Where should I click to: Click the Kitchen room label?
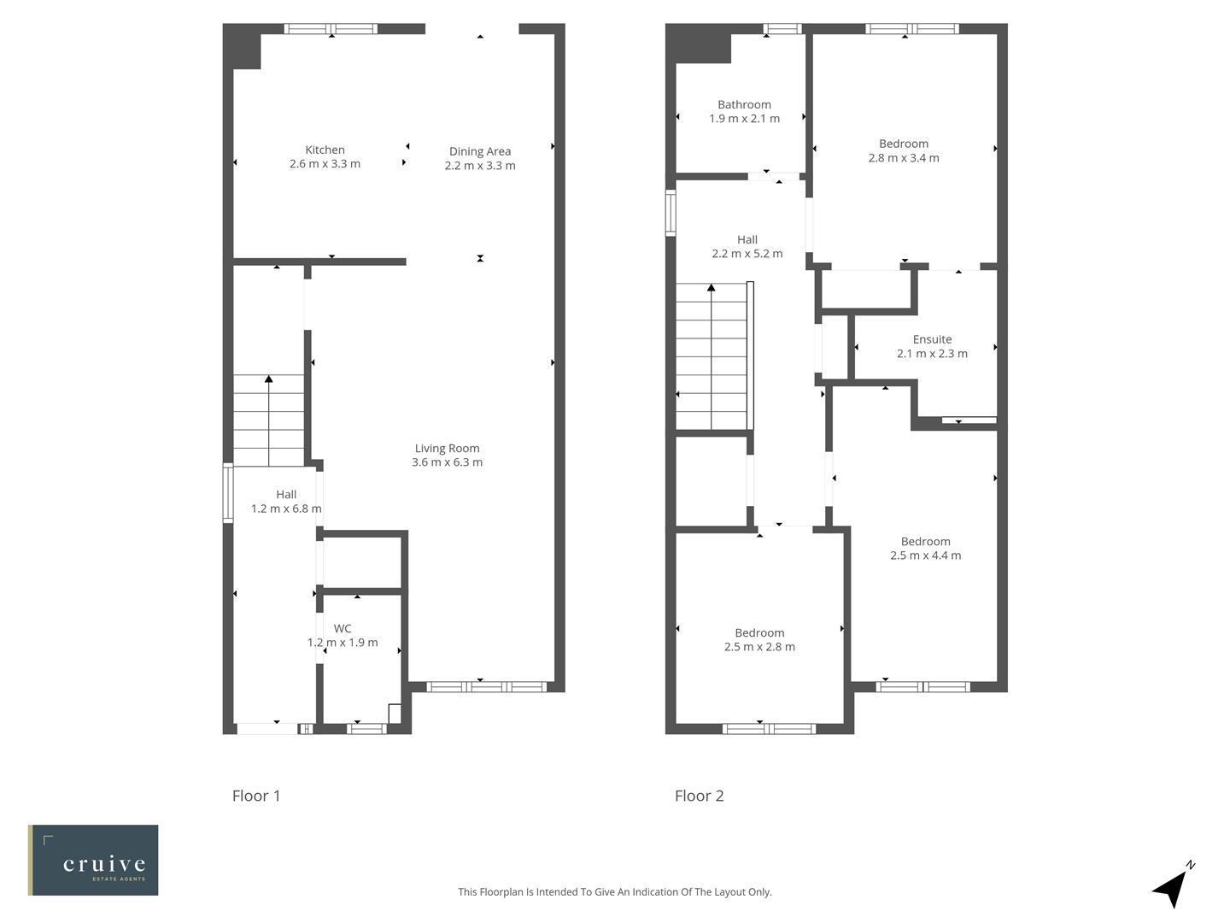click(x=325, y=150)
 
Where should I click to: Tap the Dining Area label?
click(x=480, y=151)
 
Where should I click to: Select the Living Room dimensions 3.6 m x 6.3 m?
click(x=447, y=462)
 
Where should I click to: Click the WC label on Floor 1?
click(x=343, y=628)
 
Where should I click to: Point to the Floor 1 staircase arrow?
click(x=268, y=379)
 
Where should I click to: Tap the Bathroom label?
click(x=744, y=104)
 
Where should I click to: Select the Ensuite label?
click(x=932, y=339)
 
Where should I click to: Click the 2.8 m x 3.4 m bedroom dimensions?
click(x=904, y=158)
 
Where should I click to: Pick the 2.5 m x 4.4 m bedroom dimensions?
click(x=925, y=556)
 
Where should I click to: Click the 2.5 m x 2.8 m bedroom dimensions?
click(x=759, y=647)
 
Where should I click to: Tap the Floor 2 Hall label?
click(x=747, y=240)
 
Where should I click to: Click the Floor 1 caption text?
click(x=256, y=796)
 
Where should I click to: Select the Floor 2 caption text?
click(x=699, y=796)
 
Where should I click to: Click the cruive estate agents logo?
click(x=93, y=860)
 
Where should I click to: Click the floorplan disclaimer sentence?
click(x=614, y=891)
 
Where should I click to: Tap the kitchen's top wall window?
click(x=331, y=29)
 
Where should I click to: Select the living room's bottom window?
click(x=486, y=686)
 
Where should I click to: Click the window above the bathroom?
click(x=782, y=29)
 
